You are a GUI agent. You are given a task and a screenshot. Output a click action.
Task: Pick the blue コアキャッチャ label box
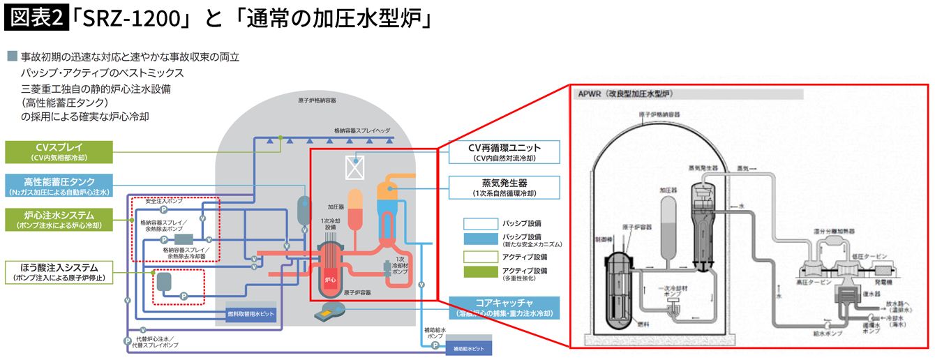click(503, 308)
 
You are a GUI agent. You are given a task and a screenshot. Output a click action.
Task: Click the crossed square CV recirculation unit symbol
click(355, 166)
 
